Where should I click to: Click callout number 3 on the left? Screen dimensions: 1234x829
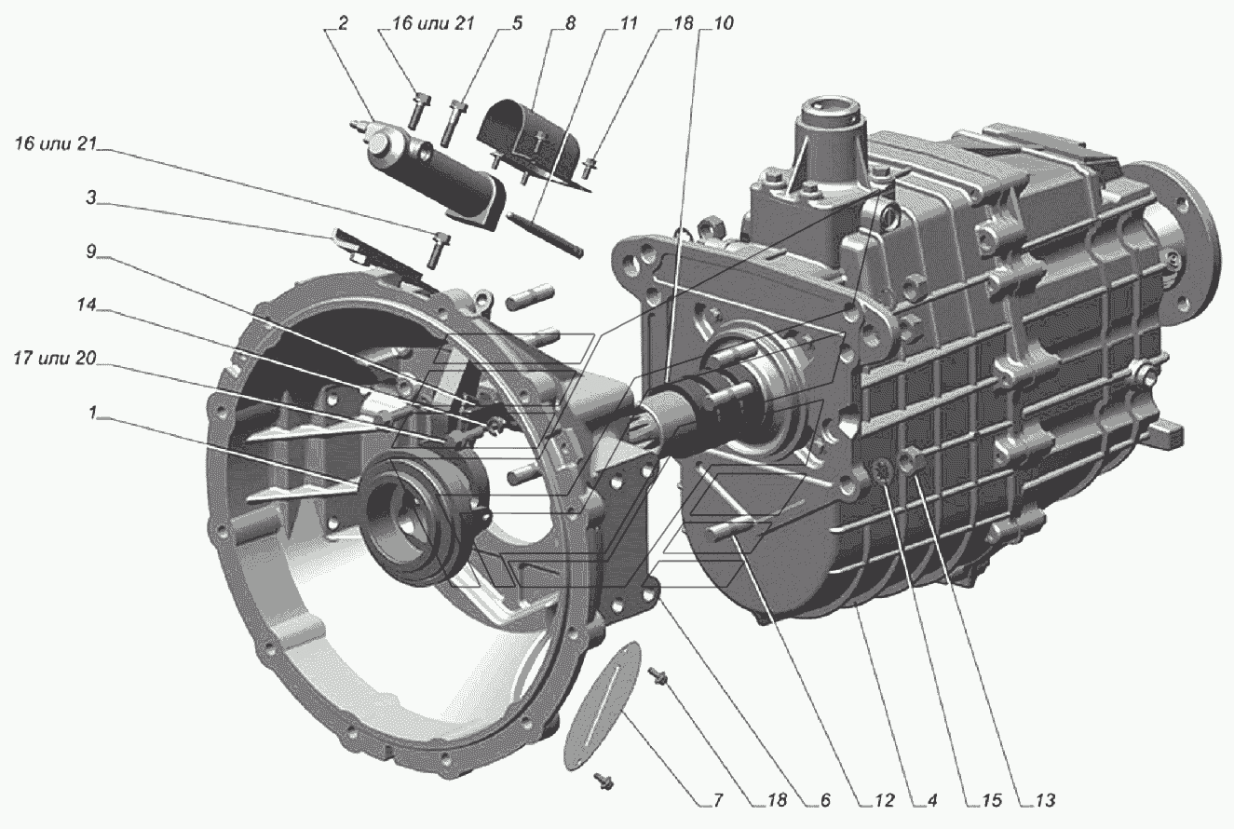91,198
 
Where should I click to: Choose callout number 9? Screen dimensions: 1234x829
91,251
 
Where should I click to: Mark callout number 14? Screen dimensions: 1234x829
87,305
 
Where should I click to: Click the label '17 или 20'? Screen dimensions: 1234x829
55,359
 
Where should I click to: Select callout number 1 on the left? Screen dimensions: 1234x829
92,412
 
